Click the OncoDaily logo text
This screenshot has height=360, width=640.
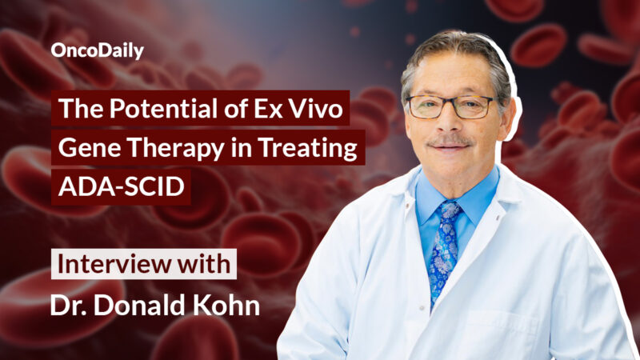98,51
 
